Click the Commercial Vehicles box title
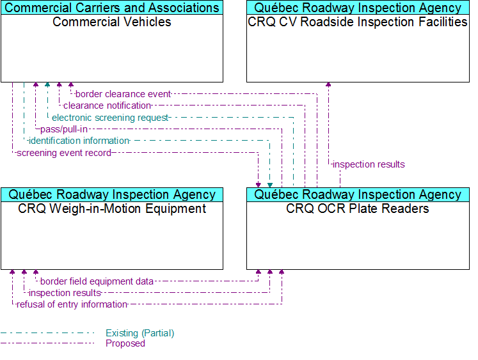(x=112, y=22)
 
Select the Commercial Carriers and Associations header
(x=112, y=8)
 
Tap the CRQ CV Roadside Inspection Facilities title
(x=358, y=22)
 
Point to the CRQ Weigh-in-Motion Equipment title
(x=112, y=208)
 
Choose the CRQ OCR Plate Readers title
(x=358, y=208)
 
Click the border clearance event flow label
(x=123, y=94)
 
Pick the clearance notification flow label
(x=108, y=106)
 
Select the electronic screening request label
(x=110, y=118)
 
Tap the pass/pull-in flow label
(x=64, y=129)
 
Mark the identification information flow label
(x=79, y=141)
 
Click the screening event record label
(x=64, y=153)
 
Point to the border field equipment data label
(x=97, y=281)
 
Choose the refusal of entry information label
(x=72, y=304)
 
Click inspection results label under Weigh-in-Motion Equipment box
(x=65, y=293)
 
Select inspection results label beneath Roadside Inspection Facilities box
(x=369, y=164)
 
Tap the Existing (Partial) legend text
(x=140, y=333)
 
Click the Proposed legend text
(x=125, y=343)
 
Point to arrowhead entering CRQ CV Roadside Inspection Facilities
(x=328, y=84)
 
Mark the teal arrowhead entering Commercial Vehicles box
(x=47, y=84)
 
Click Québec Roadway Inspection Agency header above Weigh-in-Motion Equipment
(x=112, y=194)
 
